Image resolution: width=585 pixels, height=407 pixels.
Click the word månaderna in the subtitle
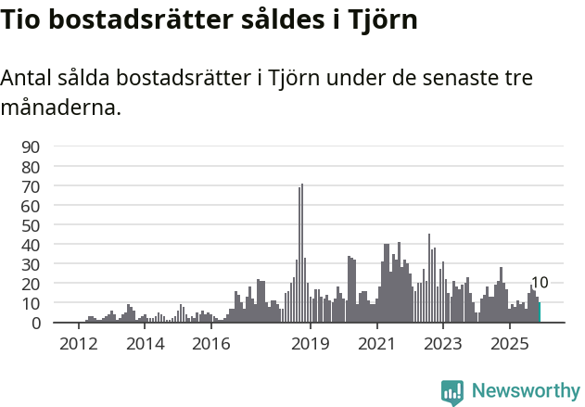61,108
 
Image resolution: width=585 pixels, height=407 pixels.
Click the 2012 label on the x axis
78,344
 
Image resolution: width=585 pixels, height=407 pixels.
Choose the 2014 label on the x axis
144,344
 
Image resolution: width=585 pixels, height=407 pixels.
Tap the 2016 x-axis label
210,344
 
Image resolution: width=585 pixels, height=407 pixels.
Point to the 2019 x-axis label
310,344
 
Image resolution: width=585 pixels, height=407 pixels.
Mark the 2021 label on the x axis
376,344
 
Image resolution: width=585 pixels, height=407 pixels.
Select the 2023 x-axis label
442,344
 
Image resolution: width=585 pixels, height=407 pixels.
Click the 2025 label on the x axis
509,344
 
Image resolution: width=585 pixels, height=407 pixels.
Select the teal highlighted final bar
539,312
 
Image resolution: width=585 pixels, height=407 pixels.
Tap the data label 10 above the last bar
540,284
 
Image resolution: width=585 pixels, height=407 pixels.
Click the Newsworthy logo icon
452,391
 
